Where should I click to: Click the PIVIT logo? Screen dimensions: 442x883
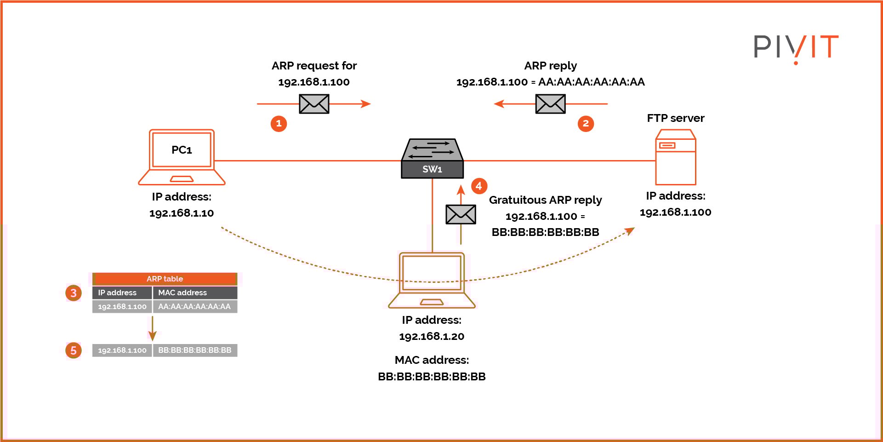tap(796, 47)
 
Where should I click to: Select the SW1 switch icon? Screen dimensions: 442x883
tap(432, 159)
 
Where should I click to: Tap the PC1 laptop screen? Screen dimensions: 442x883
tap(182, 150)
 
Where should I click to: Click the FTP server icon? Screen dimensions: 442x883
tap(675, 157)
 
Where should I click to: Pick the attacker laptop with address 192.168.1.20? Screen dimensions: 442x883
tap(432, 279)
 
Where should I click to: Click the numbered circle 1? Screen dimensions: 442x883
tap(279, 123)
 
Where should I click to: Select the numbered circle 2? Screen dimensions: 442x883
tap(586, 123)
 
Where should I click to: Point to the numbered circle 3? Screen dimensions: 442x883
tap(74, 293)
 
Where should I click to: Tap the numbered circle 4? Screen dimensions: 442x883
tap(479, 186)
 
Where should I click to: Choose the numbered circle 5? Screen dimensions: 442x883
tap(74, 350)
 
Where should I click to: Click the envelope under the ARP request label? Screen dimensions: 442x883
tap(314, 104)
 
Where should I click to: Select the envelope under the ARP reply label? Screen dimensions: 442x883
tap(550, 104)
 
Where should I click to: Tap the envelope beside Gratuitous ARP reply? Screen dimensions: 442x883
tap(461, 214)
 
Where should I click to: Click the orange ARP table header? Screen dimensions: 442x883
tap(165, 279)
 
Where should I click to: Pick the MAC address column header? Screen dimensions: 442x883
tap(195, 293)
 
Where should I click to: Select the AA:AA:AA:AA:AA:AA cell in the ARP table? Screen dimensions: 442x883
tap(195, 306)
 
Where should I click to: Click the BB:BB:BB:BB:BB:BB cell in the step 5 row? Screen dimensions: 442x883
tap(195, 350)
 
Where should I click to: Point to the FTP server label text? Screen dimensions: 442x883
tap(675, 118)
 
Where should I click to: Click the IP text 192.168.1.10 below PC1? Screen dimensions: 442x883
tap(182, 213)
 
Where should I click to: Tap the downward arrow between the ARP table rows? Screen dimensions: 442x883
tap(153, 329)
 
